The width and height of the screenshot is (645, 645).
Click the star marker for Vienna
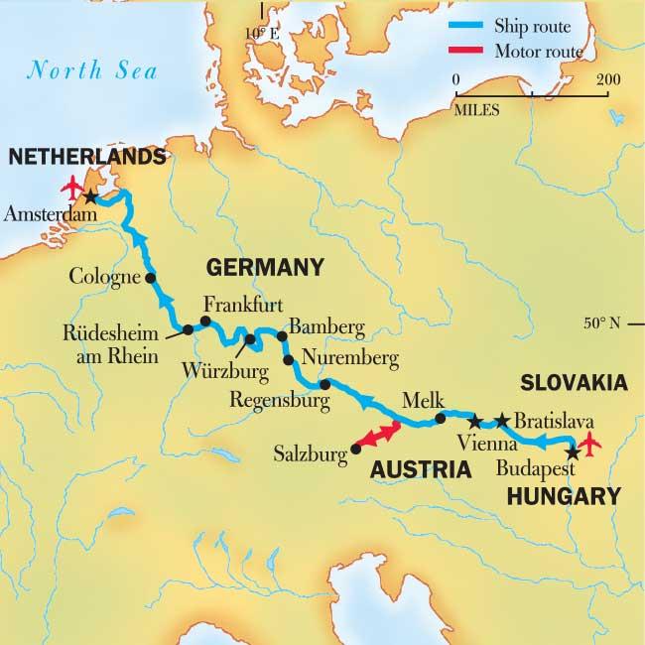pyautogui.click(x=474, y=420)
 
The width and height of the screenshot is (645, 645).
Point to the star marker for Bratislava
pyautogui.click(x=502, y=420)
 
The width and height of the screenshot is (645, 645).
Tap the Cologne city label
pyautogui.click(x=105, y=278)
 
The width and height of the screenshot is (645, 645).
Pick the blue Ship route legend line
pyautogui.click(x=478, y=26)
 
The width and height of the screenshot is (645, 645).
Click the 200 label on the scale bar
pyautogui.click(x=608, y=79)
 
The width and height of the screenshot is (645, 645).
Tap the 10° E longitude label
pyautogui.click(x=263, y=35)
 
